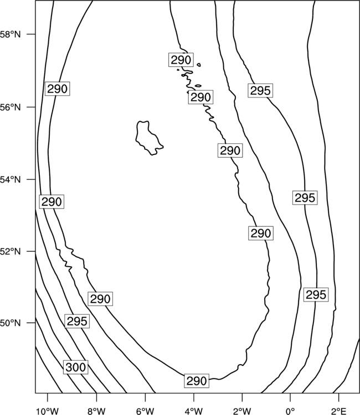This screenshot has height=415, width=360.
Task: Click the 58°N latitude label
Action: tap(10, 34)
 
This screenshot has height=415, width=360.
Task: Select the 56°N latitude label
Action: tap(10, 107)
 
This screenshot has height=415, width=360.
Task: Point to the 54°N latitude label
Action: tap(10, 180)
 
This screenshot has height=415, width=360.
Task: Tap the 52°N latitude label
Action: tap(10, 251)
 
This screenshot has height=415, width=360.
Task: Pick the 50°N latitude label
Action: tap(10, 323)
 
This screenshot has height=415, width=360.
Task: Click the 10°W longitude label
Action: tap(48, 411)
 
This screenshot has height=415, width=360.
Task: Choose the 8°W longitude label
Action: tap(96, 411)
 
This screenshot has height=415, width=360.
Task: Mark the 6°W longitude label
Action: tap(145, 411)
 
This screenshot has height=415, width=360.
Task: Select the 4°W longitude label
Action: tap(194, 411)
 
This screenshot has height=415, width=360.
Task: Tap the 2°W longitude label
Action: tap(242, 411)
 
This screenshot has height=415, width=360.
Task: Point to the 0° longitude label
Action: tap(291, 411)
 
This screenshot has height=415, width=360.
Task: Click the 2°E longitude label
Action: tap(339, 411)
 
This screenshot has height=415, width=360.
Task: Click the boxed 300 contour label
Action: tap(76, 367)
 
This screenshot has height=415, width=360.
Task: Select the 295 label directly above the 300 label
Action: tap(77, 321)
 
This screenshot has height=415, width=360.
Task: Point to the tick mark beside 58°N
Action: tap(30, 34)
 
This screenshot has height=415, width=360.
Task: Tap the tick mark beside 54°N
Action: tap(30, 179)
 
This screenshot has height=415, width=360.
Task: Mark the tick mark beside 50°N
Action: tap(30, 323)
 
